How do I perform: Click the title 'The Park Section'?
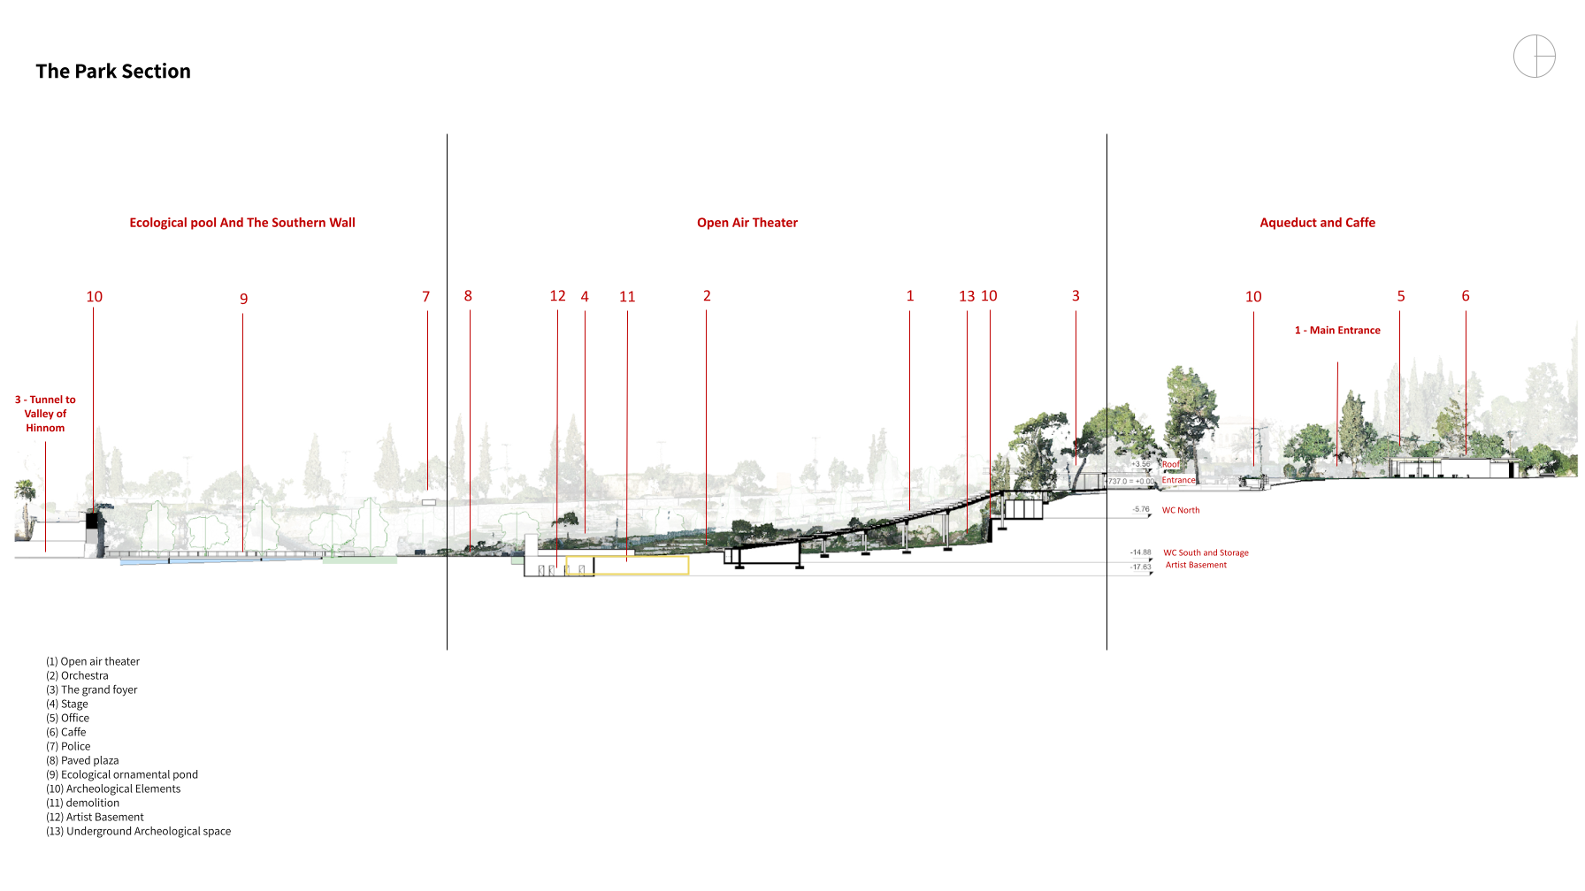113,72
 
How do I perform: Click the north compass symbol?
1534,57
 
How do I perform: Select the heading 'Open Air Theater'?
747,223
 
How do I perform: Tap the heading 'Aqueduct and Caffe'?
1317,223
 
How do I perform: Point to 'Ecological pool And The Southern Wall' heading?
242,223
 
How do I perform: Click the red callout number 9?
243,299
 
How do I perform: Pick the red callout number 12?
557,296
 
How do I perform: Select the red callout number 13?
967,297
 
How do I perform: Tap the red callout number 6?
1465,296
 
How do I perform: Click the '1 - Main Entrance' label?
1337,331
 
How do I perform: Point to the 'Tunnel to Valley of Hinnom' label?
45,414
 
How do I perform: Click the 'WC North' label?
1181,510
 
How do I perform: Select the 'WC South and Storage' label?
1206,553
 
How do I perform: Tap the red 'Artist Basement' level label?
1196,566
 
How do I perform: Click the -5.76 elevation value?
1141,509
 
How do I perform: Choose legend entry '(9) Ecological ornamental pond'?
122,775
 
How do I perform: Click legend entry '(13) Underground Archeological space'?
139,832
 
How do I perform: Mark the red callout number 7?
425,297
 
